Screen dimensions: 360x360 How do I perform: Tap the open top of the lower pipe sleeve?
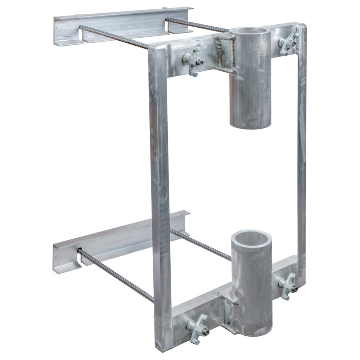pos(251,238)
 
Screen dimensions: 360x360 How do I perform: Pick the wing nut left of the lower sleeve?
pos(197,326)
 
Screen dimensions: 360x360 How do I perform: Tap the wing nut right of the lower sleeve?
pos(289,285)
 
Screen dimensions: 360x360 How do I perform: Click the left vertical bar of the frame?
pos(160,198)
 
